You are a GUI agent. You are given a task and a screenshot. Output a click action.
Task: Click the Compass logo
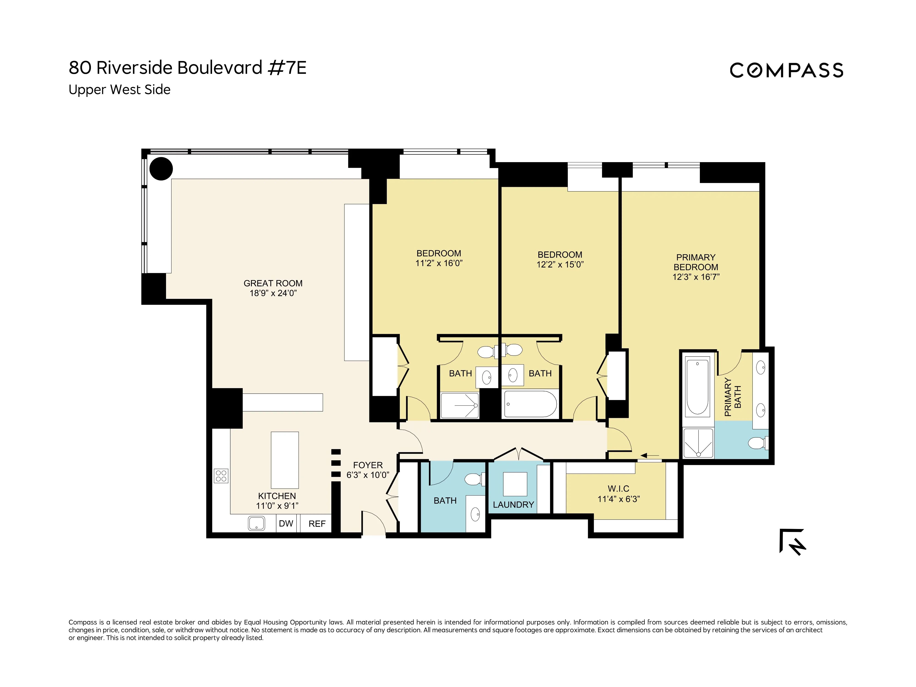click(786, 70)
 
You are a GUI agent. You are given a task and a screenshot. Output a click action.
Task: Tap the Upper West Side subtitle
click(119, 90)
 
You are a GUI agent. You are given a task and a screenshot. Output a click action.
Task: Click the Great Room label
click(273, 283)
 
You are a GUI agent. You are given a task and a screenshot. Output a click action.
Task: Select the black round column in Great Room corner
click(161, 169)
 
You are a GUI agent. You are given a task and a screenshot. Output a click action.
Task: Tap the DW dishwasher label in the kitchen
click(286, 523)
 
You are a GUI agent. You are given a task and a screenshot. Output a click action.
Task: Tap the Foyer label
click(368, 465)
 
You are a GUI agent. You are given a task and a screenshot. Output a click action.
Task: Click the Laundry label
click(513, 505)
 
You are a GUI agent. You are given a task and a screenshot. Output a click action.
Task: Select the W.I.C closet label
click(618, 489)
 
